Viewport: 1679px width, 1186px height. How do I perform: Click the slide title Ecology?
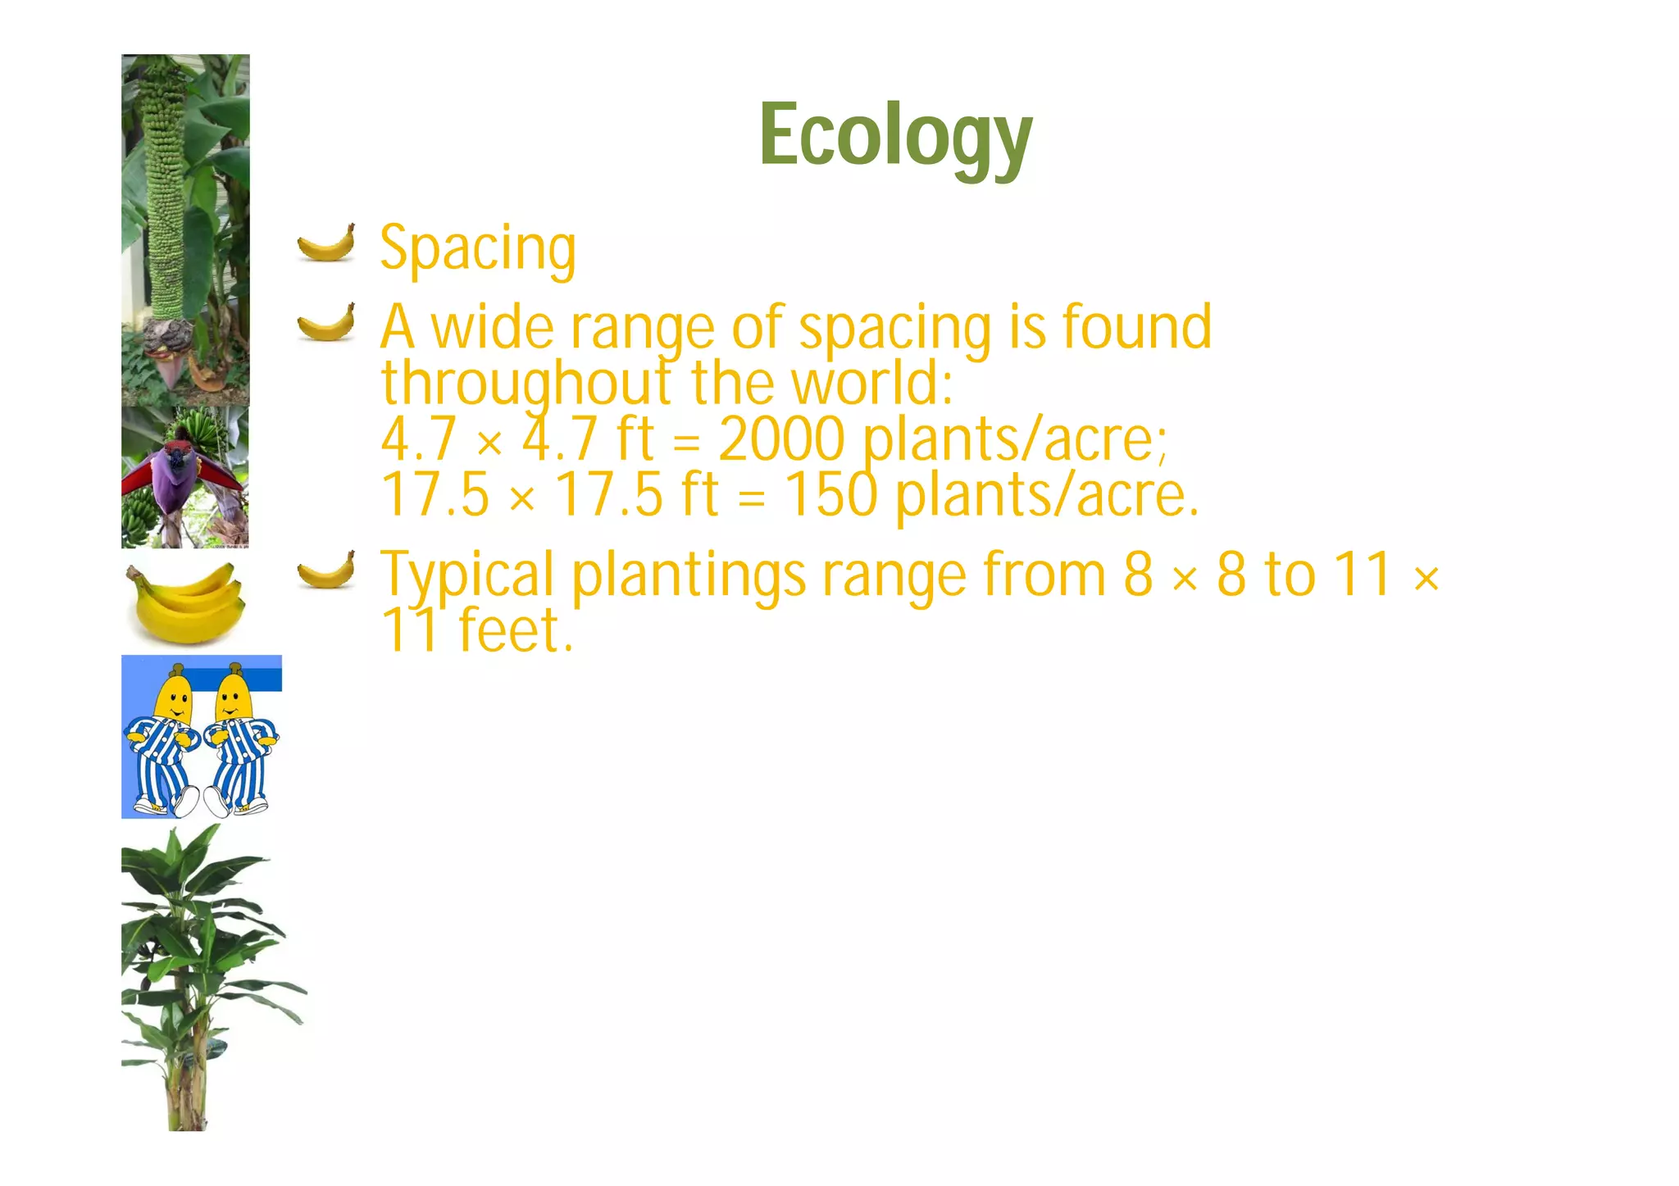click(895, 136)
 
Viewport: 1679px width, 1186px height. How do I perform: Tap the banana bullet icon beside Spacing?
click(326, 243)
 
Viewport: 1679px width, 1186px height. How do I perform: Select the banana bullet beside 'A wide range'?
click(326, 322)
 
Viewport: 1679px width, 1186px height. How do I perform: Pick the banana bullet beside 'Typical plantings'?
click(326, 570)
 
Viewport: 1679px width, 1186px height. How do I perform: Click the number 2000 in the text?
click(781, 439)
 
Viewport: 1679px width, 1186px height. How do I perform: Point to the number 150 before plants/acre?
click(831, 494)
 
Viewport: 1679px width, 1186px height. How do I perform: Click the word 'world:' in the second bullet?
click(872, 383)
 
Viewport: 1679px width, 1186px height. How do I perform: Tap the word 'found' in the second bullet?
click(1137, 327)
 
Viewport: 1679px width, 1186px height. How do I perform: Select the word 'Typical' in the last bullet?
click(467, 576)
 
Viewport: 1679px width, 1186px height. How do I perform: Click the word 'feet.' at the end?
click(515, 630)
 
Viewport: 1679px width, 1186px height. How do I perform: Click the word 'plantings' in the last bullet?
click(689, 576)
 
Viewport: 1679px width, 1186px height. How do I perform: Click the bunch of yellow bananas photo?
click(185, 602)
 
